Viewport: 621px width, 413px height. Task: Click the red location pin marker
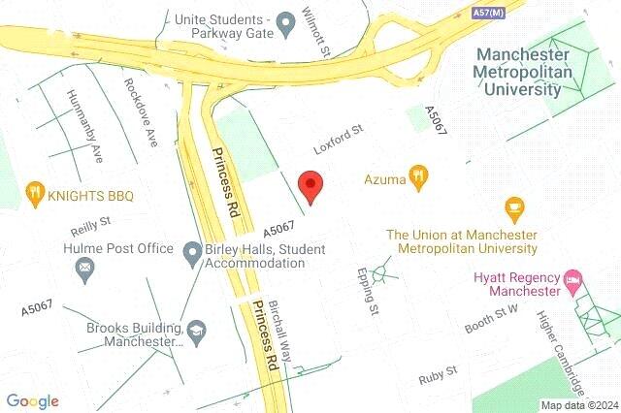pyautogui.click(x=310, y=184)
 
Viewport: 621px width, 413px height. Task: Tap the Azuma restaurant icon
pyautogui.click(x=419, y=177)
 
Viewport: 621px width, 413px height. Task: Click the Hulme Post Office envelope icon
pyautogui.click(x=85, y=267)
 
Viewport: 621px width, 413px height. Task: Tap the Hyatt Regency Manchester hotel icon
pyautogui.click(x=573, y=282)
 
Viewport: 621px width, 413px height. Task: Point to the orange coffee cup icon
pyautogui.click(x=514, y=207)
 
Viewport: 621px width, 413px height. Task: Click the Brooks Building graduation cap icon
pyautogui.click(x=197, y=332)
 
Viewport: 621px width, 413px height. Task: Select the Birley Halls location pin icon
pyautogui.click(x=192, y=251)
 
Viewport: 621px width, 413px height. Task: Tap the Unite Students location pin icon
pyautogui.click(x=285, y=20)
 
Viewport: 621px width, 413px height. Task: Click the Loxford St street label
pyautogui.click(x=337, y=140)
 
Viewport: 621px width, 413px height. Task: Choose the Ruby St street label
pyautogui.click(x=438, y=373)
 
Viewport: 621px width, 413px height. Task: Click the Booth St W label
pyautogui.click(x=493, y=319)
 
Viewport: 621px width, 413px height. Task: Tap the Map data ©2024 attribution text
pyautogui.click(x=579, y=405)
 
